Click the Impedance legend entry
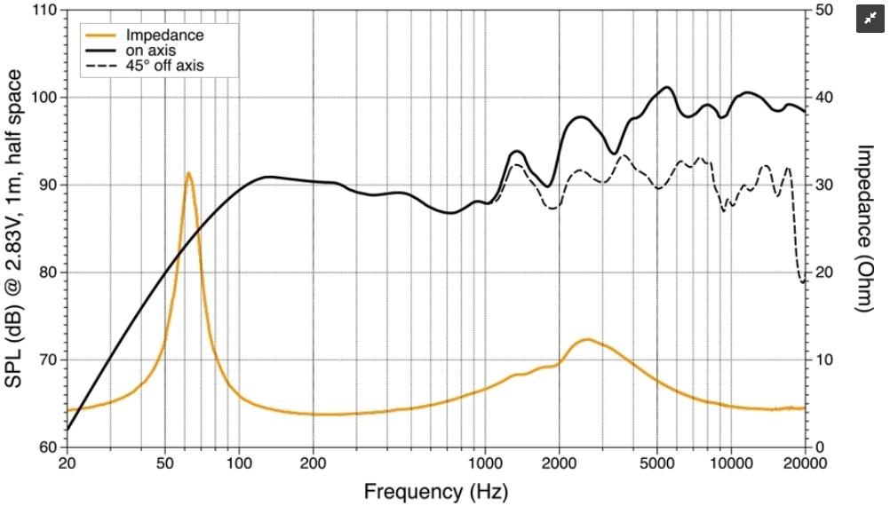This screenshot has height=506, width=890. (165, 36)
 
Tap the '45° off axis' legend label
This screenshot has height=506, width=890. (169, 66)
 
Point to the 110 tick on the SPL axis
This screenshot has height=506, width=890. (45, 11)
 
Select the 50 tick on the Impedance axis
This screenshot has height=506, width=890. (825, 11)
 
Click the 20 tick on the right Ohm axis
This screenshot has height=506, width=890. (825, 273)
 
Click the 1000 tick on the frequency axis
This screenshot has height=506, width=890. (485, 463)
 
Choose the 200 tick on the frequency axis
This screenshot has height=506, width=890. (313, 463)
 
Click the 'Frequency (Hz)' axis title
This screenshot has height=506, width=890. (435, 490)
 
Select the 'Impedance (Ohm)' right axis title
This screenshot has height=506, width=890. (867, 227)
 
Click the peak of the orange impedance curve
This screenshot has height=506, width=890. (188, 173)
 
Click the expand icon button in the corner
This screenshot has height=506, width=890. (870, 19)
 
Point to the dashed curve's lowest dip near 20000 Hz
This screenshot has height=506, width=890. (803, 282)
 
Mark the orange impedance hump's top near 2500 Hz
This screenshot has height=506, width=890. (586, 339)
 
